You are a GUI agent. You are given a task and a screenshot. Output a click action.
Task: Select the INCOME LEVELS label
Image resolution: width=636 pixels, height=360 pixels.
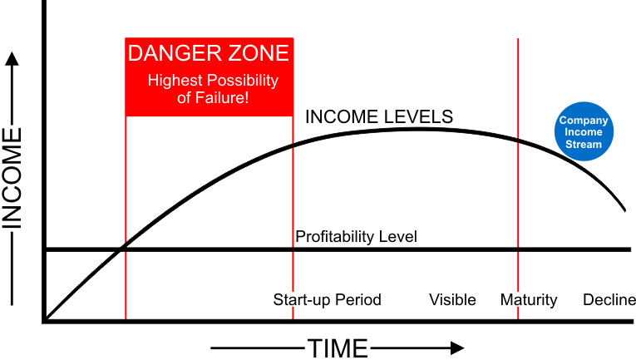tap(379, 116)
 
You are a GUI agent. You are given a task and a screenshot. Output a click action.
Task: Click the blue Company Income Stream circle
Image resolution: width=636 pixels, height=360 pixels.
tap(583, 132)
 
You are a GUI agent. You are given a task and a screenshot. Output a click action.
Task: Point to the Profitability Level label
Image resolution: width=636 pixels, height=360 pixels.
tap(356, 237)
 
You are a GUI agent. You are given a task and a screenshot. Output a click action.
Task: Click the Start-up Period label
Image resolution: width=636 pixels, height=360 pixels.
tap(327, 300)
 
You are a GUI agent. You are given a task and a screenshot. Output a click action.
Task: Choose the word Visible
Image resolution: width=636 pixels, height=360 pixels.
tap(452, 300)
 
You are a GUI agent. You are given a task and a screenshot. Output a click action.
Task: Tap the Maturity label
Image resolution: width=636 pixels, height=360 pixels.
tap(529, 300)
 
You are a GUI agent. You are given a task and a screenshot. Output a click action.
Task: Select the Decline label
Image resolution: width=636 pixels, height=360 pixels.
tap(609, 300)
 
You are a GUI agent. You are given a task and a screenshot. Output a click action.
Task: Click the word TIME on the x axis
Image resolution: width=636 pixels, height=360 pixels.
tap(338, 348)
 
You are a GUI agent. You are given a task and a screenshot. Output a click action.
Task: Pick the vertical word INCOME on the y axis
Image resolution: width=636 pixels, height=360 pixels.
tap(15, 177)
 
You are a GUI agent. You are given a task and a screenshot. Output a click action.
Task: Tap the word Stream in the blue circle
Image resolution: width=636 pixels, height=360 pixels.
tap(583, 144)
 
